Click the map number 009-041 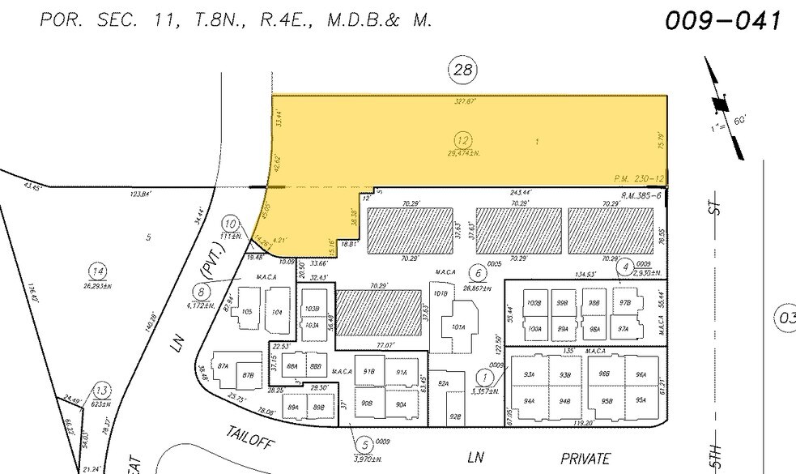[724, 19]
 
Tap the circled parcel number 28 [462, 70]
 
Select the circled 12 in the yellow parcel [462, 139]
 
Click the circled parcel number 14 [99, 271]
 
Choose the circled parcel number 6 [479, 275]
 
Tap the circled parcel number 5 [365, 443]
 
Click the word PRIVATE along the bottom [585, 459]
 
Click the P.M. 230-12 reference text [639, 178]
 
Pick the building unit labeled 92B [454, 416]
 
